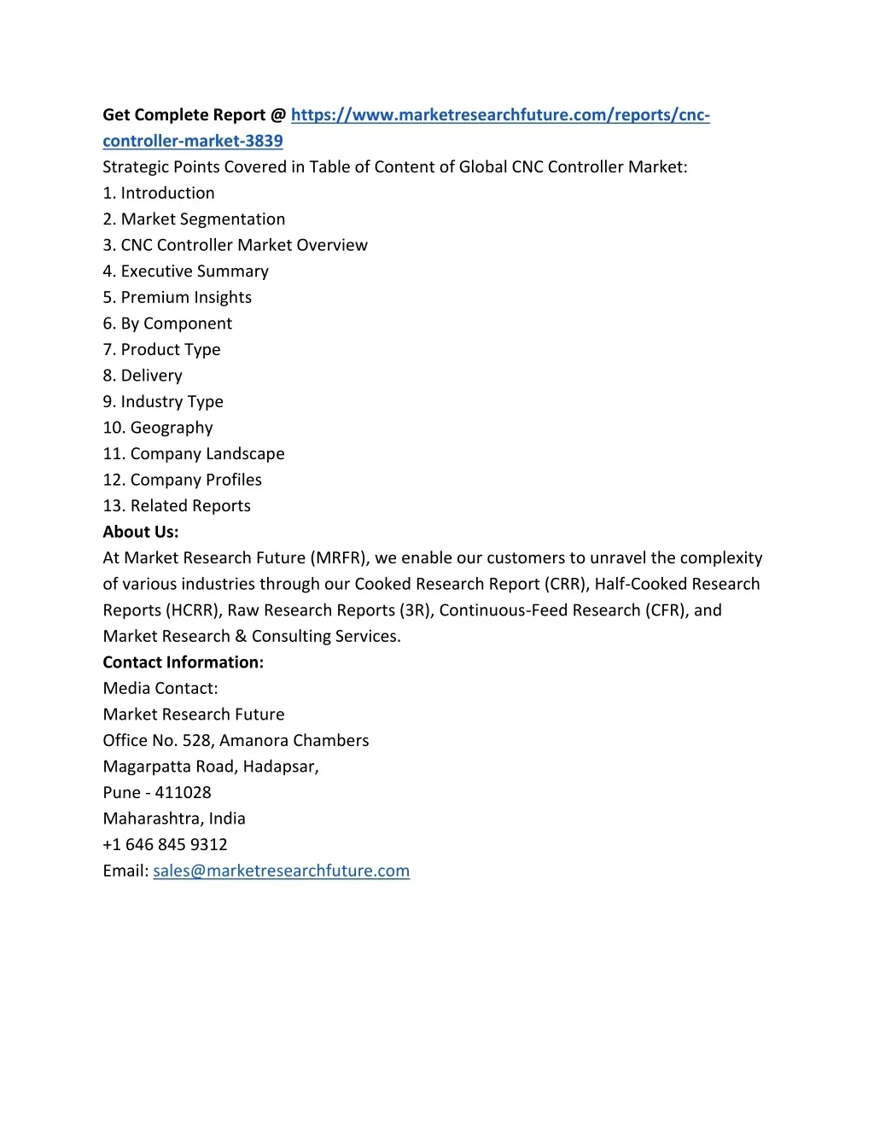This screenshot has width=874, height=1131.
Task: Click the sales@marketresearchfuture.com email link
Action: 281,871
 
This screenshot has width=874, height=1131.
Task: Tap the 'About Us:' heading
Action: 141,532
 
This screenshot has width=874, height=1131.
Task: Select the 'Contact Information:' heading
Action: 183,662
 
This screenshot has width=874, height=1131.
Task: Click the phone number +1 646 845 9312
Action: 165,844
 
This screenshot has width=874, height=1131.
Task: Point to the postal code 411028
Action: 183,792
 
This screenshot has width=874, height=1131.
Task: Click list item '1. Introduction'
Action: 159,193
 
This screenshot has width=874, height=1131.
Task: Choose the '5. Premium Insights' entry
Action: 177,297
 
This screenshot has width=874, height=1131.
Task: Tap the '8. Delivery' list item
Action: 143,376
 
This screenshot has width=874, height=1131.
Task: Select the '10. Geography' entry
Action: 158,428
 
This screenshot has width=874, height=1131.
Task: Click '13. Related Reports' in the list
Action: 177,506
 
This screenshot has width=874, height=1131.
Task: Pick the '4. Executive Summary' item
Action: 185,271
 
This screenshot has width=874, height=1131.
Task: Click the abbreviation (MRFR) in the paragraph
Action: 341,558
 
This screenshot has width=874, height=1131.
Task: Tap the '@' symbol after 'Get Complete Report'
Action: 278,115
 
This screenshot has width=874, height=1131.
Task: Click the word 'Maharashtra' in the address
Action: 153,819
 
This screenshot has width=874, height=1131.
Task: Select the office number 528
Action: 197,740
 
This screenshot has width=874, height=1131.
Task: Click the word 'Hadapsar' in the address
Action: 280,767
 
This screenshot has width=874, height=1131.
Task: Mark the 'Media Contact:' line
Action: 160,688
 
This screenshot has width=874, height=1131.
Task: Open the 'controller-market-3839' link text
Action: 193,141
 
